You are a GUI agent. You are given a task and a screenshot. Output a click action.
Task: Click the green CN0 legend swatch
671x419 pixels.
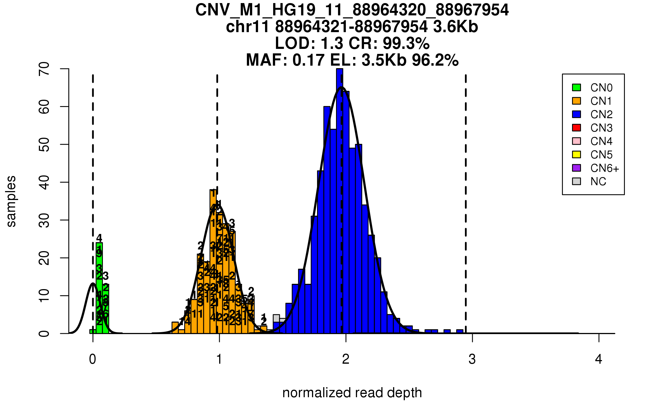(x=577, y=87)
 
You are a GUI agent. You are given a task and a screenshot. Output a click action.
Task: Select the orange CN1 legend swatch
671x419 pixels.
(x=577, y=101)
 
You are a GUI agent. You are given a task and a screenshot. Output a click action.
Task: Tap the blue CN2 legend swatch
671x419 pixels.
(x=577, y=114)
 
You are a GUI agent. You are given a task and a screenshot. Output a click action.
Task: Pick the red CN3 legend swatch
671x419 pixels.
(x=577, y=128)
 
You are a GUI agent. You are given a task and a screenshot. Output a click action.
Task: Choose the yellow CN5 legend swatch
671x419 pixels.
(x=577, y=154)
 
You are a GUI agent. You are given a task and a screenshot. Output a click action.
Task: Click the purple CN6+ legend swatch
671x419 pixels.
(x=577, y=168)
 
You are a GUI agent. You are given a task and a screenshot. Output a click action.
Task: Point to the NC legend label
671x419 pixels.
(x=598, y=182)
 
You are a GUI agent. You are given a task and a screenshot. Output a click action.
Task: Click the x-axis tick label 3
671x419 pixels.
(x=472, y=359)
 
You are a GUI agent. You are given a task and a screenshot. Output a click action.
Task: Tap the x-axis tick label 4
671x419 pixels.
(x=599, y=359)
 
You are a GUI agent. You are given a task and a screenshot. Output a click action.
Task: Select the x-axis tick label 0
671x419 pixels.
(x=93, y=359)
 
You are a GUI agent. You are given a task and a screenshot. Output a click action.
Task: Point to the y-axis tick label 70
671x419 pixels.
(x=44, y=69)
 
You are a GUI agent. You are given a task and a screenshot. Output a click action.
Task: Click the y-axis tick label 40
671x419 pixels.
(x=44, y=182)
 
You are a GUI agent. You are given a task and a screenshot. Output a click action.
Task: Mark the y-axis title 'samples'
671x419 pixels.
(x=11, y=201)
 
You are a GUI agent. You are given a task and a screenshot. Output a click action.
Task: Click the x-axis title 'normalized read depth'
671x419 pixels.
(x=352, y=393)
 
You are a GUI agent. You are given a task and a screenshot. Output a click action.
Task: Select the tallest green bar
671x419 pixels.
(x=99, y=288)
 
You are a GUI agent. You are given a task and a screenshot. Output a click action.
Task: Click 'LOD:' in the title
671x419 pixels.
(x=295, y=43)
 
